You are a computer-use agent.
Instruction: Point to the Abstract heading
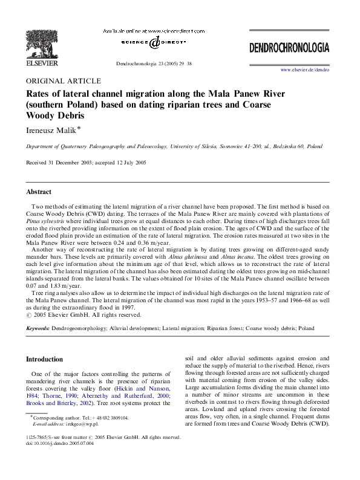(x=39, y=192)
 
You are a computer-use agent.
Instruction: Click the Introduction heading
(x=44, y=358)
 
